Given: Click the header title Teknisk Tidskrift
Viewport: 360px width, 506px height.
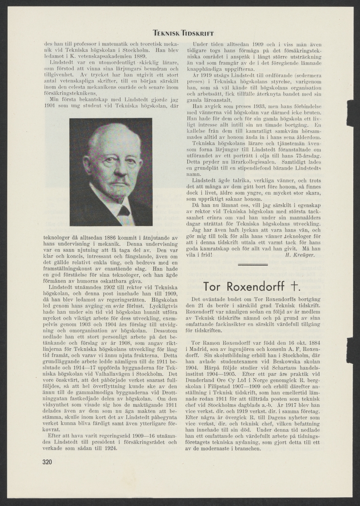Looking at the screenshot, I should (x=183, y=33).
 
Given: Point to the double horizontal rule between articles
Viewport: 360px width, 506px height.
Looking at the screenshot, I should (x=253, y=264).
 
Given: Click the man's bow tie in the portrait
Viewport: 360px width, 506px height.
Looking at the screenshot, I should (x=124, y=210).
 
